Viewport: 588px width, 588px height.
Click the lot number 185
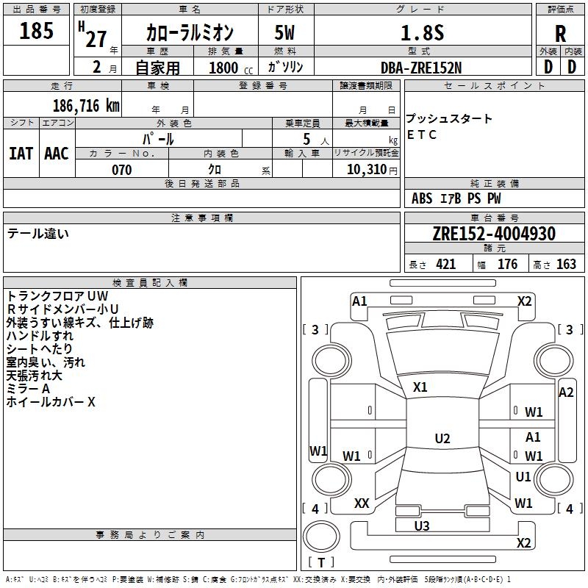coord(36,30)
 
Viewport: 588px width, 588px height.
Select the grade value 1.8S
coord(422,32)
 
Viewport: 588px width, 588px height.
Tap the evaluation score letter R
coord(560,34)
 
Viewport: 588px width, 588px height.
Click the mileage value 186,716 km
coord(86,106)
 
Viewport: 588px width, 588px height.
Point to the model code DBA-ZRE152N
coord(421,68)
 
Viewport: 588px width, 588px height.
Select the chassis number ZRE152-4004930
coord(494,234)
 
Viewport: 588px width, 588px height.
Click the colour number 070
coord(122,170)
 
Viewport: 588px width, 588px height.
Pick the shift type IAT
coord(21,154)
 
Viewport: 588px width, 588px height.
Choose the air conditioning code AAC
coord(57,154)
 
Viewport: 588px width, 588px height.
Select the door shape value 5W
coord(284,32)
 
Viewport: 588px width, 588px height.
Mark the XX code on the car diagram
coord(362,503)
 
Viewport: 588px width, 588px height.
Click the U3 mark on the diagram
coord(422,526)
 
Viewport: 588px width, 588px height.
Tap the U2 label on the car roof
coord(442,438)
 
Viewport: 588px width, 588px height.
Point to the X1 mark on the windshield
coord(420,387)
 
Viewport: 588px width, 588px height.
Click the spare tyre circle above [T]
coord(321,537)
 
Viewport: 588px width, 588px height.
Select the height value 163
coord(566,265)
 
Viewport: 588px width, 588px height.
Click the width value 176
coord(508,265)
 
